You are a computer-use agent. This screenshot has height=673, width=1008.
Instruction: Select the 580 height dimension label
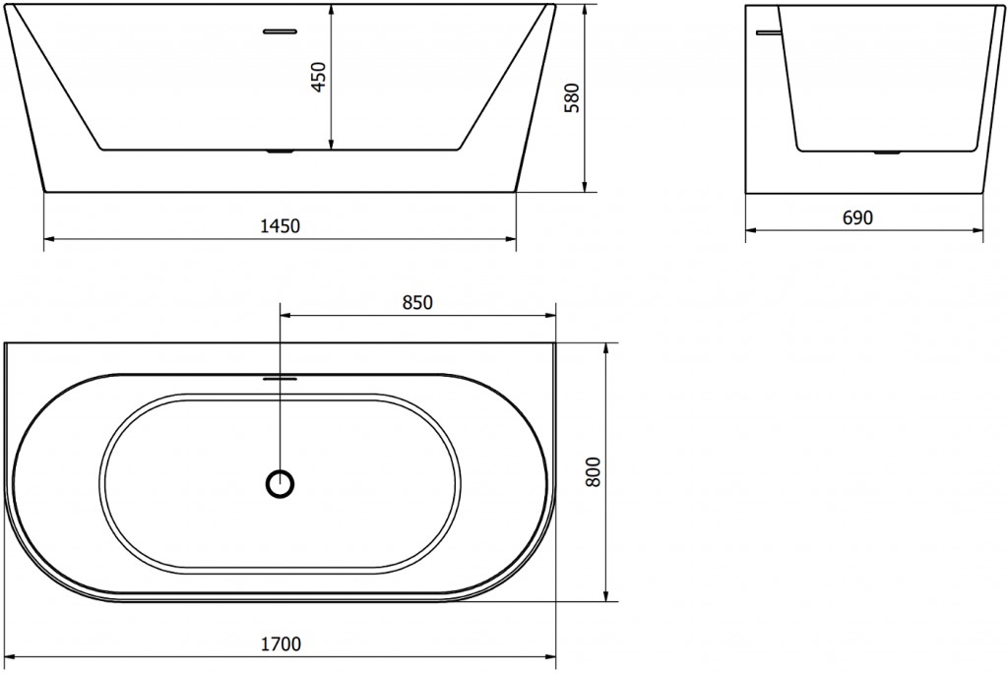(574, 97)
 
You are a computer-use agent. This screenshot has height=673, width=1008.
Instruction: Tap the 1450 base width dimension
(281, 226)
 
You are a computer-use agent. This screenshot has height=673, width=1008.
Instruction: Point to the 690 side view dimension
(858, 218)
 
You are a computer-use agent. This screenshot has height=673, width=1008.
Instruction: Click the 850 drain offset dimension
(417, 303)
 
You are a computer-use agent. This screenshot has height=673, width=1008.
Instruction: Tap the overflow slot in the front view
(281, 30)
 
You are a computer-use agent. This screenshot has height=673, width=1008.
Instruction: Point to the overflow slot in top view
(282, 376)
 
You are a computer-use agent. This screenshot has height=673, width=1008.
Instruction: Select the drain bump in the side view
(888, 153)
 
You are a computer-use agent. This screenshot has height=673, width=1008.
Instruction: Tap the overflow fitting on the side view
(766, 31)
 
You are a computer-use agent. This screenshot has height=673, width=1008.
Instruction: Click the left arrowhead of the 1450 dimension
(49, 238)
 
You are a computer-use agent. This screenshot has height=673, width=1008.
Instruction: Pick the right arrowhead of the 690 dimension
(979, 231)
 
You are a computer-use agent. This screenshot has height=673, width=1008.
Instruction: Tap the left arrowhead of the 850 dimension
(286, 316)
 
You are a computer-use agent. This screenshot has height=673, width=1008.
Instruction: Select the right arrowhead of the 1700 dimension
(552, 656)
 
